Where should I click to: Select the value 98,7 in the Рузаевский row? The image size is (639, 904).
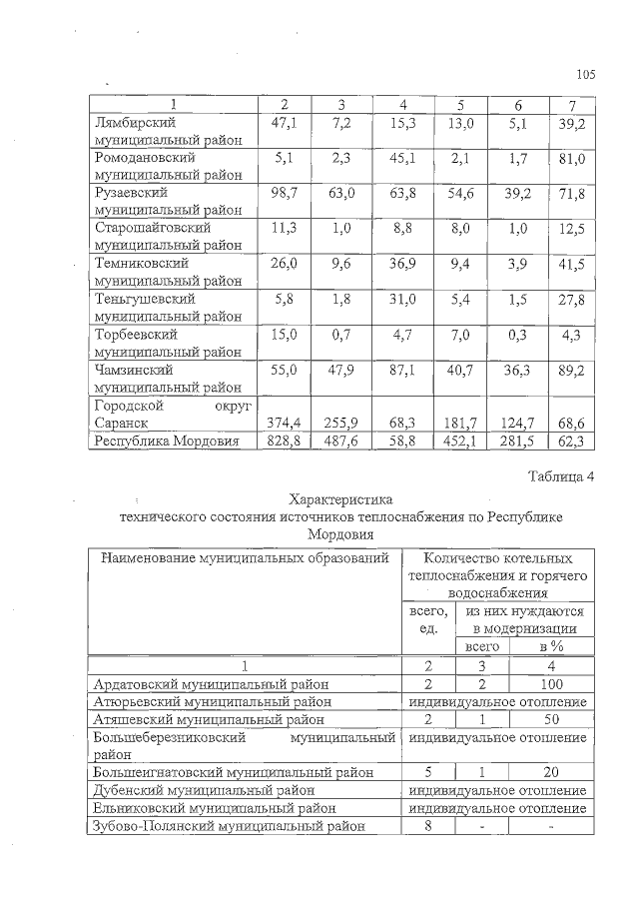point(285,192)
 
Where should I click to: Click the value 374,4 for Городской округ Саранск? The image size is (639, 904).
point(285,423)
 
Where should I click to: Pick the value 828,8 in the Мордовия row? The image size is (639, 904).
point(285,440)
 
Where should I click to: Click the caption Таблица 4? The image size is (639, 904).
point(560,475)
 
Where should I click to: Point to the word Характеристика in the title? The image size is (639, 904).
point(341,498)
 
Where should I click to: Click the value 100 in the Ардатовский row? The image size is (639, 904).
point(550,684)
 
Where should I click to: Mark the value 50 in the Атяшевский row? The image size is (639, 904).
point(550,718)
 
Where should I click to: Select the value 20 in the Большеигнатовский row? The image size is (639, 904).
point(550,772)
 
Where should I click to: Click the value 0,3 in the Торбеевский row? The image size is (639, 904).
point(517,335)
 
